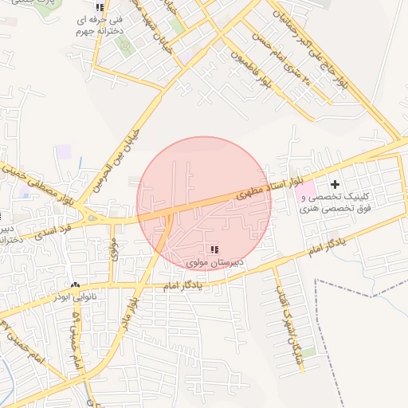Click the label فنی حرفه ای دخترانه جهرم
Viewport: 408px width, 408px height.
100,26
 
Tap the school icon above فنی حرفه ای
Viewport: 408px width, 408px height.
100,8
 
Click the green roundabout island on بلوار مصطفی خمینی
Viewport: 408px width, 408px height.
93,218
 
